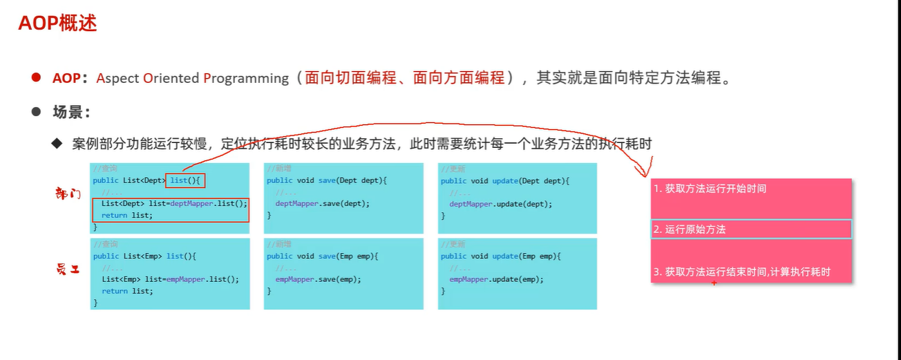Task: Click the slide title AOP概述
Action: click(57, 23)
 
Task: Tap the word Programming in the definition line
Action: click(246, 78)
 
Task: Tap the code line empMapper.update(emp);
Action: click(496, 279)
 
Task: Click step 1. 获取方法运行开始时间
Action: click(709, 189)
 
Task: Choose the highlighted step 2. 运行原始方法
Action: click(689, 229)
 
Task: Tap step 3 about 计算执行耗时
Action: click(741, 272)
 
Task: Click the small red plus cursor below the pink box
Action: click(714, 283)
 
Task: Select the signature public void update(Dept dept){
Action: click(504, 181)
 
